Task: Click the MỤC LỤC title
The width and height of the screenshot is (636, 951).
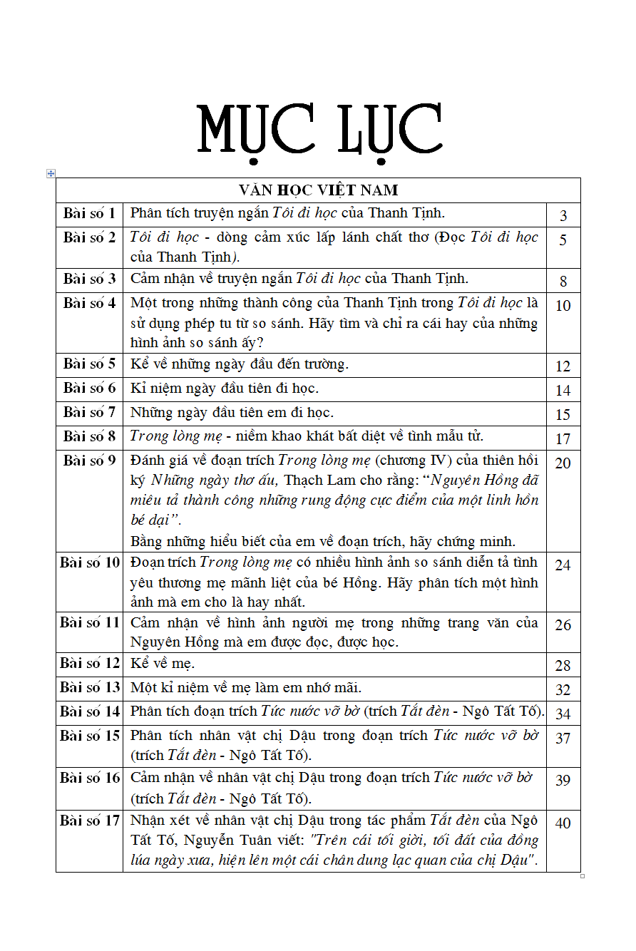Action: (319, 130)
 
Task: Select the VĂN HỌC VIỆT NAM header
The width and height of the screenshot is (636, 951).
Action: (318, 190)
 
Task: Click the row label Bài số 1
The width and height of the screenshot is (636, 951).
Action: (89, 213)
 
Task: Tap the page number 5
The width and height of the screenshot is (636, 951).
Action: (563, 240)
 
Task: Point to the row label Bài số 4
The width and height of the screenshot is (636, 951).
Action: (89, 303)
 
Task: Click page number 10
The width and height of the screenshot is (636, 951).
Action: (563, 306)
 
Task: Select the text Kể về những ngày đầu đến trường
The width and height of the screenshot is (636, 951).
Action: (240, 364)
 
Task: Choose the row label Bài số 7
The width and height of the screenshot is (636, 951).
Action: (89, 413)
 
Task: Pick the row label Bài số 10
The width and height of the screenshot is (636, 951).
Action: (90, 562)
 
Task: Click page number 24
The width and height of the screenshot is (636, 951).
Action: (563, 565)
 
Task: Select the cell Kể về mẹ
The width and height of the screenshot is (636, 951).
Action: (163, 664)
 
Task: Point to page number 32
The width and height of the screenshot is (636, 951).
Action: (563, 690)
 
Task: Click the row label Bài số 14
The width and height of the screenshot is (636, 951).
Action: (90, 711)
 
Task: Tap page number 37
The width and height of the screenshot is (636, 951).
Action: (563, 739)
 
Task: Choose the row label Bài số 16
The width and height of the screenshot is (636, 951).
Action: (90, 778)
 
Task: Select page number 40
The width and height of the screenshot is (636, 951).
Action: (563, 823)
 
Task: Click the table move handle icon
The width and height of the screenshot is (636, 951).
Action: (51, 173)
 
